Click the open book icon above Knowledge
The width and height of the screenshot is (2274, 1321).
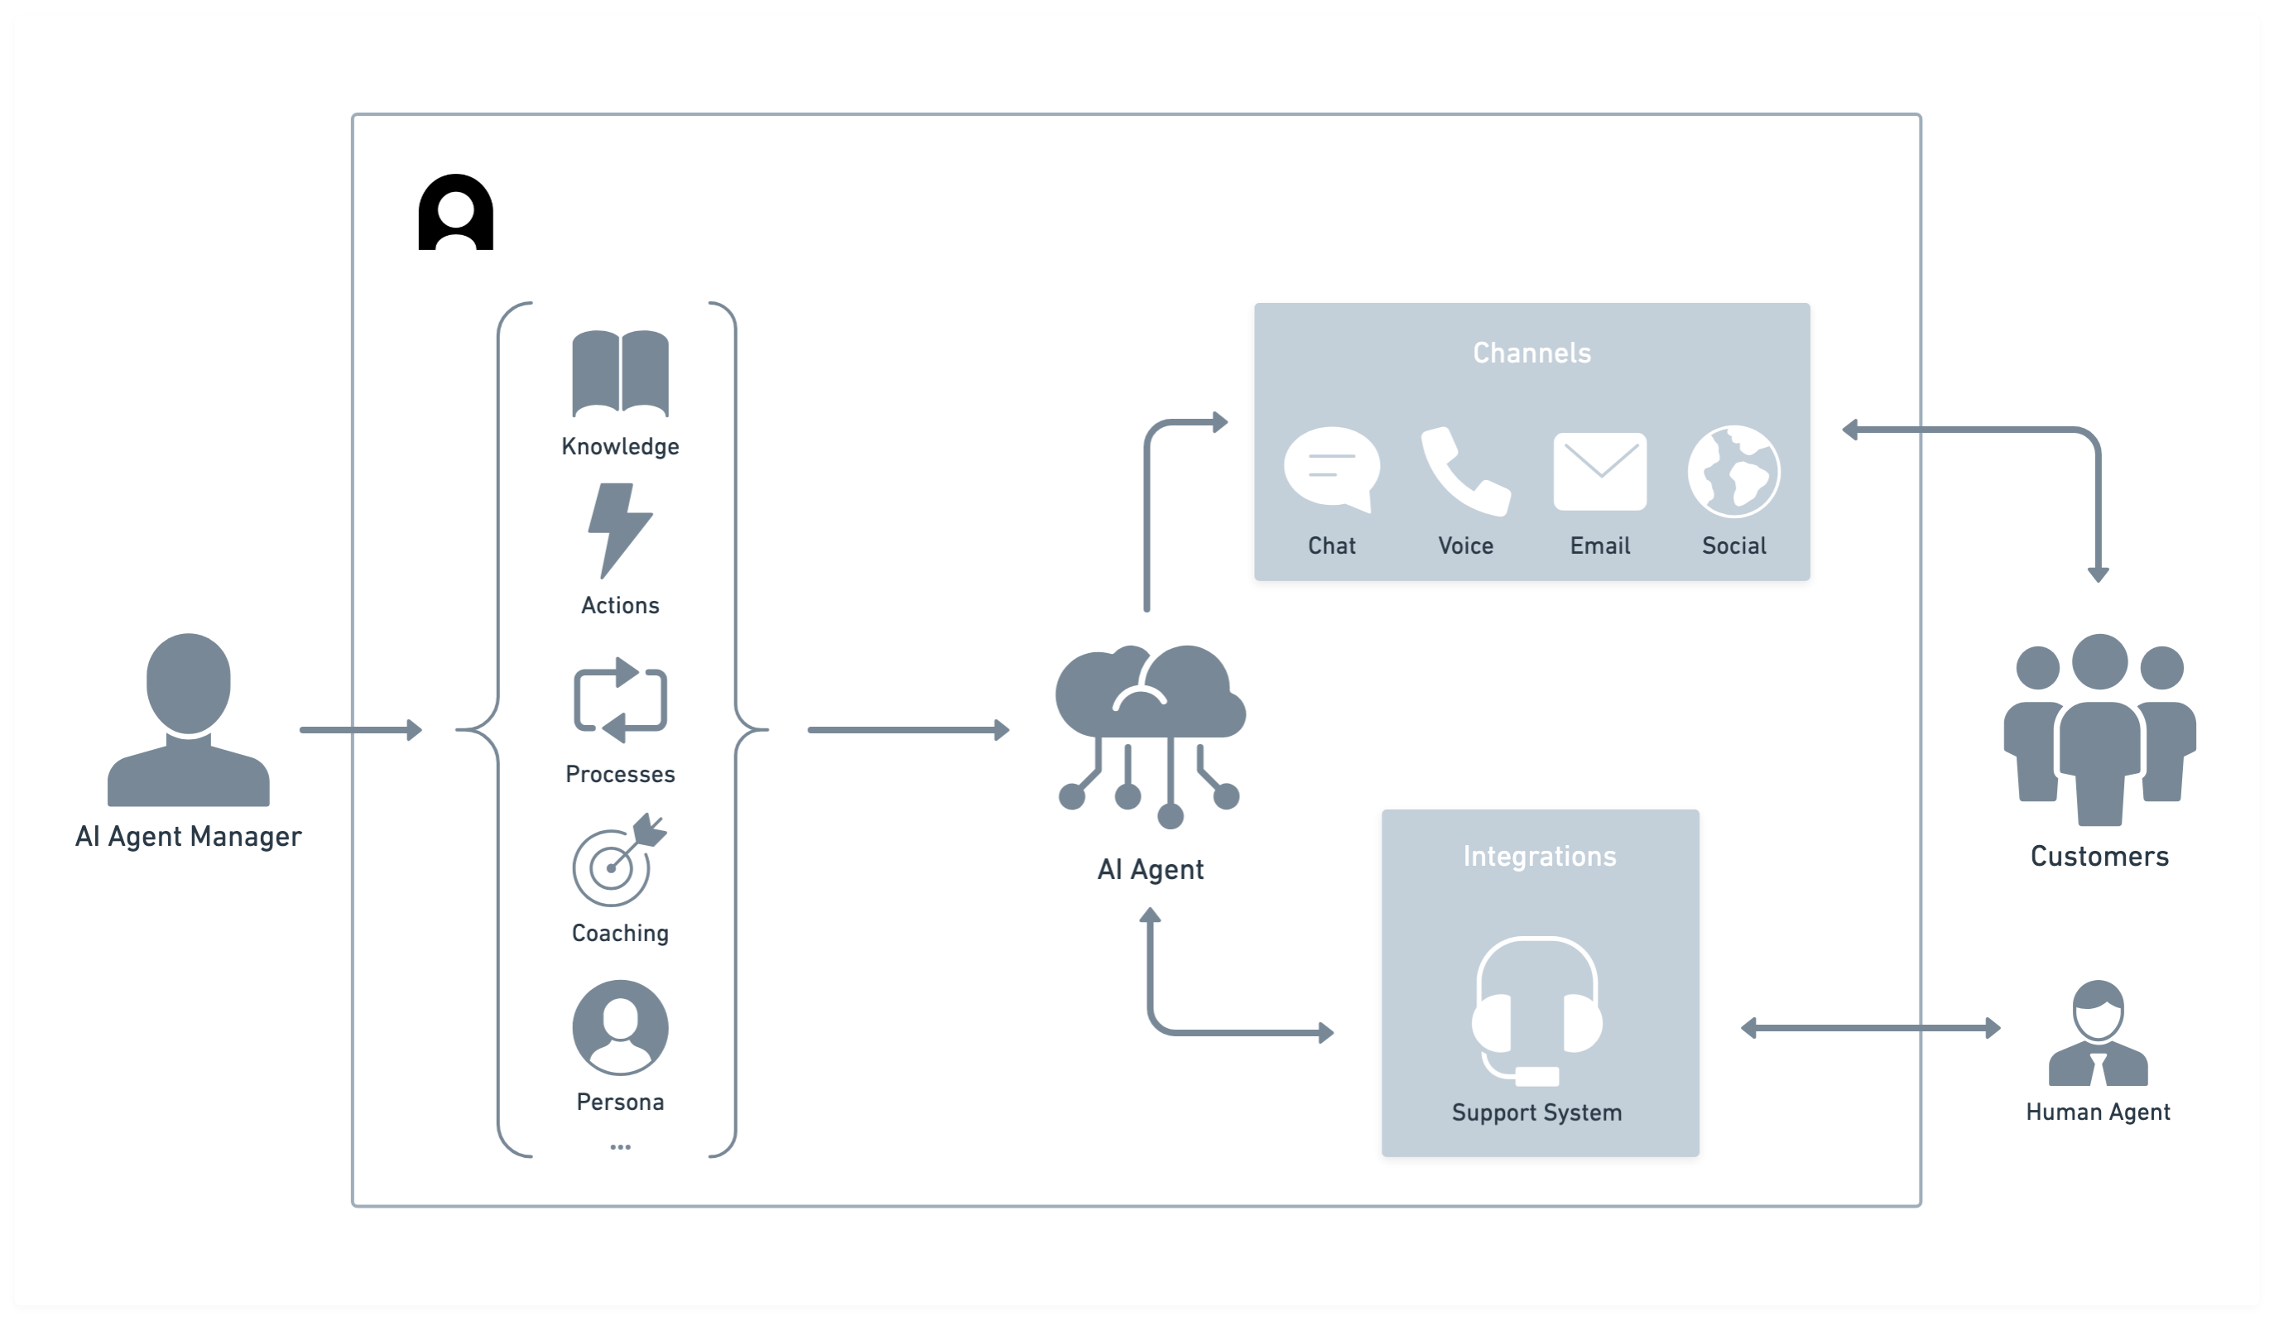620,373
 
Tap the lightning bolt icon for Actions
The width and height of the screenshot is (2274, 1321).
619,531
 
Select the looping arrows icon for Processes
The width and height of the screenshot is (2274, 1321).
620,700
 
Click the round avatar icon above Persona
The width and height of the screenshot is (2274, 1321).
620,1027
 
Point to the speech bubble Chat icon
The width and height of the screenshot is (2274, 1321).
1331,470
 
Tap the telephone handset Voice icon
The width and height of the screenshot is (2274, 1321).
1464,471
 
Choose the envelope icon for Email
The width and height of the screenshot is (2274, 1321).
1599,471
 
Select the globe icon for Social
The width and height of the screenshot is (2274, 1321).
1733,471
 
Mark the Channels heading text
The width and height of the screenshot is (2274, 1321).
1531,353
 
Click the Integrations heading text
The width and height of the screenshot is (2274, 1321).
1539,857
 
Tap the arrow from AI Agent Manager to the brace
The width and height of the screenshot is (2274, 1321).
360,729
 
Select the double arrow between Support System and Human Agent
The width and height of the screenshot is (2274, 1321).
1870,1028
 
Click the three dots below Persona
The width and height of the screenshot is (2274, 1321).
620,1147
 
